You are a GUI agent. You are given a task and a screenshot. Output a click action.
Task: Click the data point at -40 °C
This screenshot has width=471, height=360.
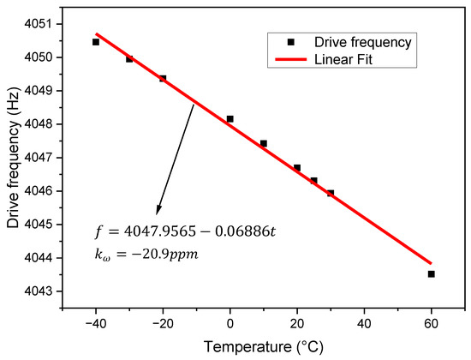(96, 42)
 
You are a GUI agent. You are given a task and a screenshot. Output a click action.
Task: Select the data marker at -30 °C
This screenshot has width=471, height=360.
(129, 59)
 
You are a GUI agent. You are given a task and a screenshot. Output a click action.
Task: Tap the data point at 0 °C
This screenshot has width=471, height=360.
(230, 119)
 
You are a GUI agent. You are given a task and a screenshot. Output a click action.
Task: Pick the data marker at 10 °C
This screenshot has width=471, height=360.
(264, 144)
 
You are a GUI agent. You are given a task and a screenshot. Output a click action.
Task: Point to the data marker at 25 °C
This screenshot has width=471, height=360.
(314, 181)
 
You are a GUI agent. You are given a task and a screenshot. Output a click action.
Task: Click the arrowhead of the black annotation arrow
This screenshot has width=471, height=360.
(158, 213)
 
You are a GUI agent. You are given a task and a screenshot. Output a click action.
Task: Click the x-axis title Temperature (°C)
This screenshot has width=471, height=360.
(263, 346)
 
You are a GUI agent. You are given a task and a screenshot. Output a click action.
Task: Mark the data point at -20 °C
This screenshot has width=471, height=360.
(163, 79)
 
